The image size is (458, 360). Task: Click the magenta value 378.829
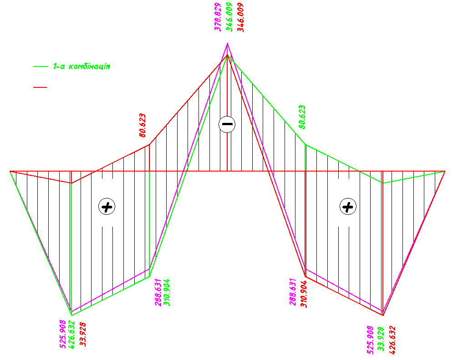[x=218, y=17]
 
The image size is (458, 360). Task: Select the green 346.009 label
[x=229, y=17]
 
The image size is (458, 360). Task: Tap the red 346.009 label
[x=240, y=17]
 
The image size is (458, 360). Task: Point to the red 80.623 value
[x=142, y=126]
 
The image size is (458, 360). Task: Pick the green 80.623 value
[x=302, y=117]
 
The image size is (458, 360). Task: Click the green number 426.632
[x=71, y=335]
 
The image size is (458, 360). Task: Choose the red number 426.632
[x=392, y=340]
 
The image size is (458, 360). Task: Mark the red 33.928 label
[x=83, y=335]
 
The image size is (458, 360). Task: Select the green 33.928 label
[x=381, y=339]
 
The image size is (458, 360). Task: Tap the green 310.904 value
[x=167, y=293]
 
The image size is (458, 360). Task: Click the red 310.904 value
[x=304, y=294]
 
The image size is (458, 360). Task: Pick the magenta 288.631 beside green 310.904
[x=158, y=293]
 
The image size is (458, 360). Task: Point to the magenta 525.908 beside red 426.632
[x=370, y=340]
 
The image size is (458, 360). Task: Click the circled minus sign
[x=227, y=124]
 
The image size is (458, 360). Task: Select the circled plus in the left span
[x=107, y=207]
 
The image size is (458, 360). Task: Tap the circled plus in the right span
[x=348, y=207]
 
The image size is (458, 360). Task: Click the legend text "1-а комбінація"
[x=81, y=66]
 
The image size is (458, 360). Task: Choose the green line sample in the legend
[x=41, y=66]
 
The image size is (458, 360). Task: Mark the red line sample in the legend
[x=40, y=87]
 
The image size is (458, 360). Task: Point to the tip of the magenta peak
[x=227, y=43]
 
